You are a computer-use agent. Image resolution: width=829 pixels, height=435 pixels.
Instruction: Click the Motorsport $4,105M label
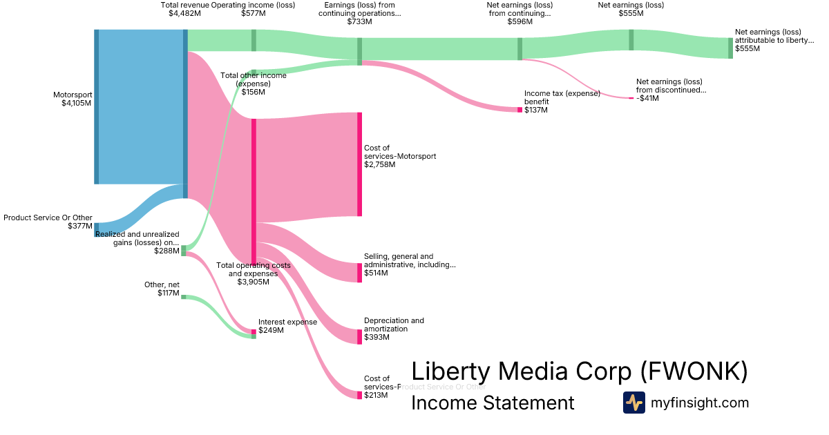pyautogui.click(x=73, y=99)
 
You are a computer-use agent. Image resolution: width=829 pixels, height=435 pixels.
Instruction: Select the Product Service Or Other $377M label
pyautogui.click(x=48, y=222)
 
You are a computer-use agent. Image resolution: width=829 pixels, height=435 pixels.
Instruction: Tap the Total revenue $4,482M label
pyautogui.click(x=184, y=9)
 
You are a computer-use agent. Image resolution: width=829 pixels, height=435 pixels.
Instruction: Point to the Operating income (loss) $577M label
pyautogui.click(x=253, y=9)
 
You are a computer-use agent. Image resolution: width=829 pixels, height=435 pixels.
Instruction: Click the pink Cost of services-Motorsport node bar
pyautogui.click(x=359, y=164)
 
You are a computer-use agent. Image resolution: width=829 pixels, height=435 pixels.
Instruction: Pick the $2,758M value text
pyautogui.click(x=379, y=165)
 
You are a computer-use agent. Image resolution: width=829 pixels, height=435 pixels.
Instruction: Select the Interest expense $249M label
pyautogui.click(x=287, y=326)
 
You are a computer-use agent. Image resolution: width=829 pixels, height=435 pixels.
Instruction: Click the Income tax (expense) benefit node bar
pyautogui.click(x=520, y=110)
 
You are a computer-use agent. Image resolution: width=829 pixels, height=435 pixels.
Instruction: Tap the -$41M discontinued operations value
pyautogui.click(x=647, y=98)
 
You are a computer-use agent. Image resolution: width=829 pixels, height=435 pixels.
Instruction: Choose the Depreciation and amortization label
pyautogui.click(x=394, y=325)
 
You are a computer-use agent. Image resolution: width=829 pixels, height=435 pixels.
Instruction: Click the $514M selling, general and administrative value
pyautogui.click(x=376, y=273)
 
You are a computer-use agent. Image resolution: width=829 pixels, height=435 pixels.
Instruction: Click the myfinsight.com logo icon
pyautogui.click(x=633, y=403)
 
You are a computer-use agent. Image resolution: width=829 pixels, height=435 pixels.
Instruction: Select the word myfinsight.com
pyautogui.click(x=699, y=403)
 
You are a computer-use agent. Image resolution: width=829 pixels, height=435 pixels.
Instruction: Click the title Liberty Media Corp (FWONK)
pyautogui.click(x=579, y=371)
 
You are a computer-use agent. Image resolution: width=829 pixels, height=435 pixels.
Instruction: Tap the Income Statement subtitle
pyautogui.click(x=493, y=403)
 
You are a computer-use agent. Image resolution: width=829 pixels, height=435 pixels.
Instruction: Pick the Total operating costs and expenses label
pyautogui.click(x=253, y=269)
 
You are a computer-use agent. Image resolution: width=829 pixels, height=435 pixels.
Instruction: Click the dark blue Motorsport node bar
pyautogui.click(x=97, y=107)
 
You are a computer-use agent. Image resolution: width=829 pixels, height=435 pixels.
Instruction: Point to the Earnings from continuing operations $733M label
pyautogui.click(x=359, y=13)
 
